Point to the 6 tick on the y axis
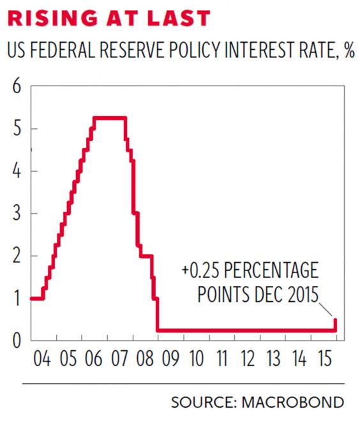16,87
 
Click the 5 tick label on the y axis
16,129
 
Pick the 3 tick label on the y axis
16,214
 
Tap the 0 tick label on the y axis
16,340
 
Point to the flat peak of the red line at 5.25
109,117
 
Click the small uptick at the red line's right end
336,324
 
